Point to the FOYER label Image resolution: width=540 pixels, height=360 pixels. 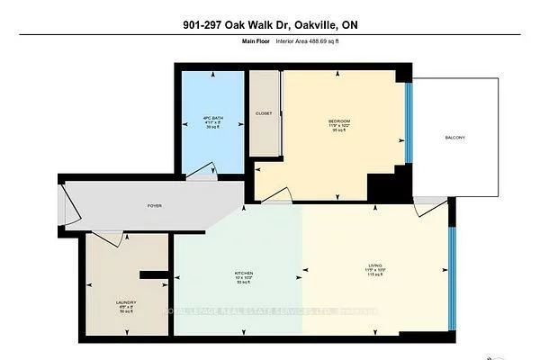point(154,206)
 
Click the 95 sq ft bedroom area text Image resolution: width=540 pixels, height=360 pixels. point(338,130)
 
